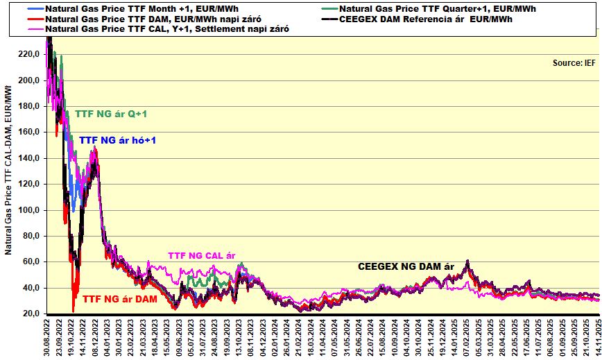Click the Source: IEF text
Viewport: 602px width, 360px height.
point(574,62)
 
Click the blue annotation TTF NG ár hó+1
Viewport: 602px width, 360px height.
point(117,140)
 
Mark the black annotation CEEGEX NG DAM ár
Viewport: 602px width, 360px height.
point(406,266)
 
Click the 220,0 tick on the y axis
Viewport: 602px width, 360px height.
point(31,53)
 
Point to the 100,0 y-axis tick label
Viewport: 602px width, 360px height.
point(31,210)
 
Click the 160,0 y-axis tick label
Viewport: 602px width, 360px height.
point(31,132)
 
